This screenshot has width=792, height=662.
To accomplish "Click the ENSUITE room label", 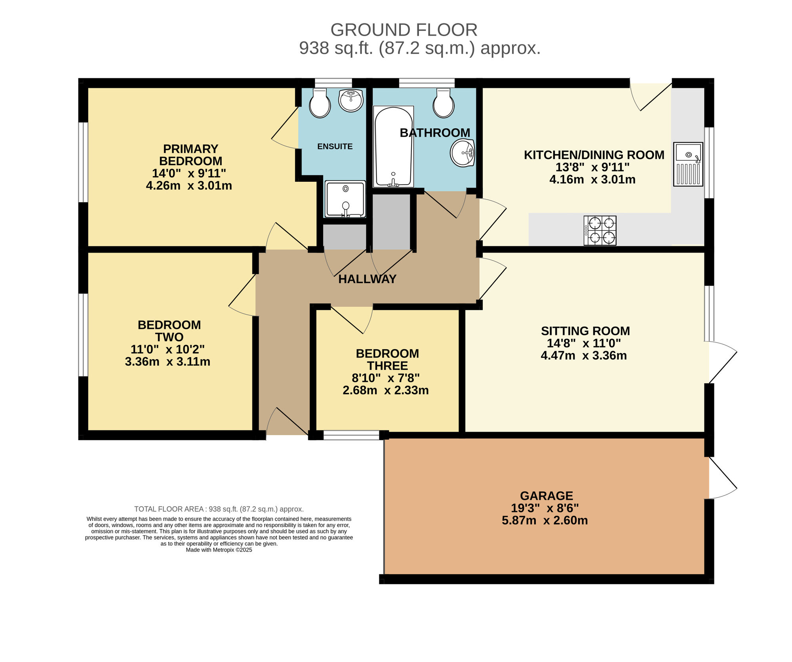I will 335,146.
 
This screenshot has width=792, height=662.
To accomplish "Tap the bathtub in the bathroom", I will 393,146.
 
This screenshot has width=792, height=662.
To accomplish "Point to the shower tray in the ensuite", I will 345,199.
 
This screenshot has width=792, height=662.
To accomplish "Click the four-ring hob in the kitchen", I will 600,230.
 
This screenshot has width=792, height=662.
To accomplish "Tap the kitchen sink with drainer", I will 688,164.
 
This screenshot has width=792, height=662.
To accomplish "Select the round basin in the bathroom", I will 462,153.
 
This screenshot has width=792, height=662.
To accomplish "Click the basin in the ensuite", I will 351,100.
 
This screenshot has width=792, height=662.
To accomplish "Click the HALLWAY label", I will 367,279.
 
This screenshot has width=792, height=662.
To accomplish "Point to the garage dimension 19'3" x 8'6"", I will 545,508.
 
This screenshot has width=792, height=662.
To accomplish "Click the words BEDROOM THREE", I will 387,360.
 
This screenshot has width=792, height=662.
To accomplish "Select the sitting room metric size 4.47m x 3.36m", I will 584,356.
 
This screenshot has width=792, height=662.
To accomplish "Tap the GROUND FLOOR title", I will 404,30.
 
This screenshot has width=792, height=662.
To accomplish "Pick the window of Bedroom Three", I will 351,436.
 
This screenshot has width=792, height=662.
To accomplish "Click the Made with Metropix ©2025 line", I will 219,550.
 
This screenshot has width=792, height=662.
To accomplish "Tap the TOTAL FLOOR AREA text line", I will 219,509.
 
